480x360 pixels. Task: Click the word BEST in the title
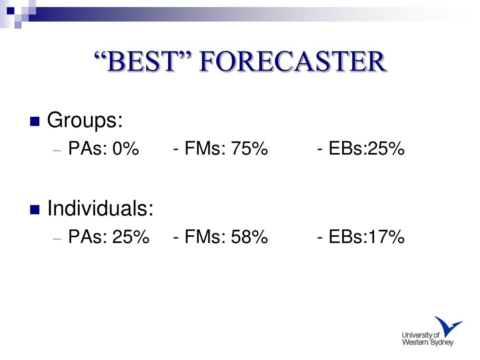(142, 61)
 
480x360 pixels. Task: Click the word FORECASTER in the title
(293, 61)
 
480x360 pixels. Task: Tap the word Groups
(85, 120)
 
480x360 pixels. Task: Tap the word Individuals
(100, 208)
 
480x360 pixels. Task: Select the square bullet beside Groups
(35, 121)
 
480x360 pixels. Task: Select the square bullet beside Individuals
(35, 210)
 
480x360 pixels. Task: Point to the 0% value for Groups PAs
(126, 149)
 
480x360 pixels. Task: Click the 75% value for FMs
(249, 149)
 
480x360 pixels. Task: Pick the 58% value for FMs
(249, 237)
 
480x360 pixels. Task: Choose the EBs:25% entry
(367, 149)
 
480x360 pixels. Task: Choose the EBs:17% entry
(367, 237)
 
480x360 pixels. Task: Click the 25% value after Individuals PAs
(131, 237)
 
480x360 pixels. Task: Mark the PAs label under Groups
(88, 149)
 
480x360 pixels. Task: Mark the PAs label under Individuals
(88, 237)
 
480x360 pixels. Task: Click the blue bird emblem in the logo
(448, 326)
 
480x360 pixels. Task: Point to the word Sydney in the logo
(442, 343)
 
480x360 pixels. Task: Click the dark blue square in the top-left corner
(11, 11)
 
